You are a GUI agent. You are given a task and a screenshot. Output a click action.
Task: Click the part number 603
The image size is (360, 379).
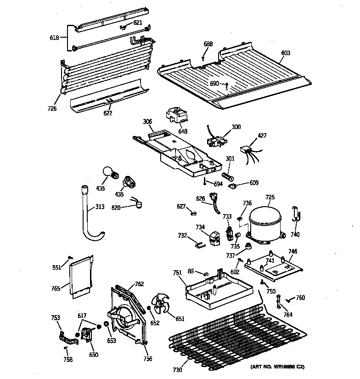click(286, 53)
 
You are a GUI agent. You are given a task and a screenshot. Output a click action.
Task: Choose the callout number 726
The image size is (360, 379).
click(52, 108)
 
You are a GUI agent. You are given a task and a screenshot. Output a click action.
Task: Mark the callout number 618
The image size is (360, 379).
click(54, 38)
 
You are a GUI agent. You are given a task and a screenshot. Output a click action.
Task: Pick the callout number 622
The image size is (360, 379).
click(107, 113)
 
